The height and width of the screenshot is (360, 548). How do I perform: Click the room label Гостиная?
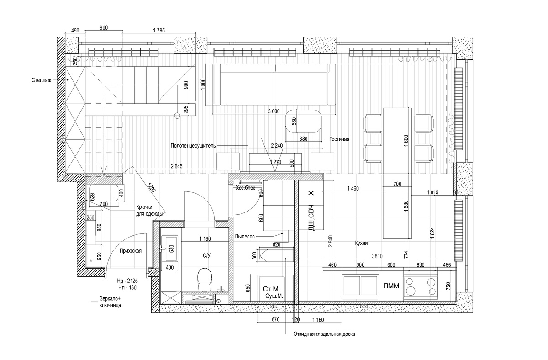point(339,139)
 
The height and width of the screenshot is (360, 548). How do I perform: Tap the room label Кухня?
point(361,243)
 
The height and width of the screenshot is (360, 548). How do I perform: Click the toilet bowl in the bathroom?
point(204,279)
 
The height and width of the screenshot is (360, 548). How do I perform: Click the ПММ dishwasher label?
point(391,286)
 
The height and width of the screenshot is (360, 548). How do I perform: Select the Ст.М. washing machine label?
point(272,289)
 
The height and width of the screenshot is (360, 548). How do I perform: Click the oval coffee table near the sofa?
point(303,121)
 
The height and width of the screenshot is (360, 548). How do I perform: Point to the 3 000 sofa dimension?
point(274,111)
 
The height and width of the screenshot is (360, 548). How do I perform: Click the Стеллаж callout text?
point(42,80)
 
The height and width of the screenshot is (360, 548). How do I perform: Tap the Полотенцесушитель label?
point(193,146)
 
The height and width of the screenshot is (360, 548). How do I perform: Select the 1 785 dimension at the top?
point(159,31)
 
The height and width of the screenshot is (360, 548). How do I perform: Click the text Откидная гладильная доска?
point(324,334)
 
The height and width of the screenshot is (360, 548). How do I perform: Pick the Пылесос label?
point(245,236)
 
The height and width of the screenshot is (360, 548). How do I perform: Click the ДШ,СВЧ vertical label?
point(311,217)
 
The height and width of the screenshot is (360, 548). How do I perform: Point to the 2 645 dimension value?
point(177,166)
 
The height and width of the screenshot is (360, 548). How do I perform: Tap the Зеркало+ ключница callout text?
point(110,302)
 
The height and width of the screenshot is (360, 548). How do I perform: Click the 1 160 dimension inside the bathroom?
point(205,238)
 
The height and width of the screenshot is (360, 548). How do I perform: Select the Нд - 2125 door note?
point(127,281)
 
